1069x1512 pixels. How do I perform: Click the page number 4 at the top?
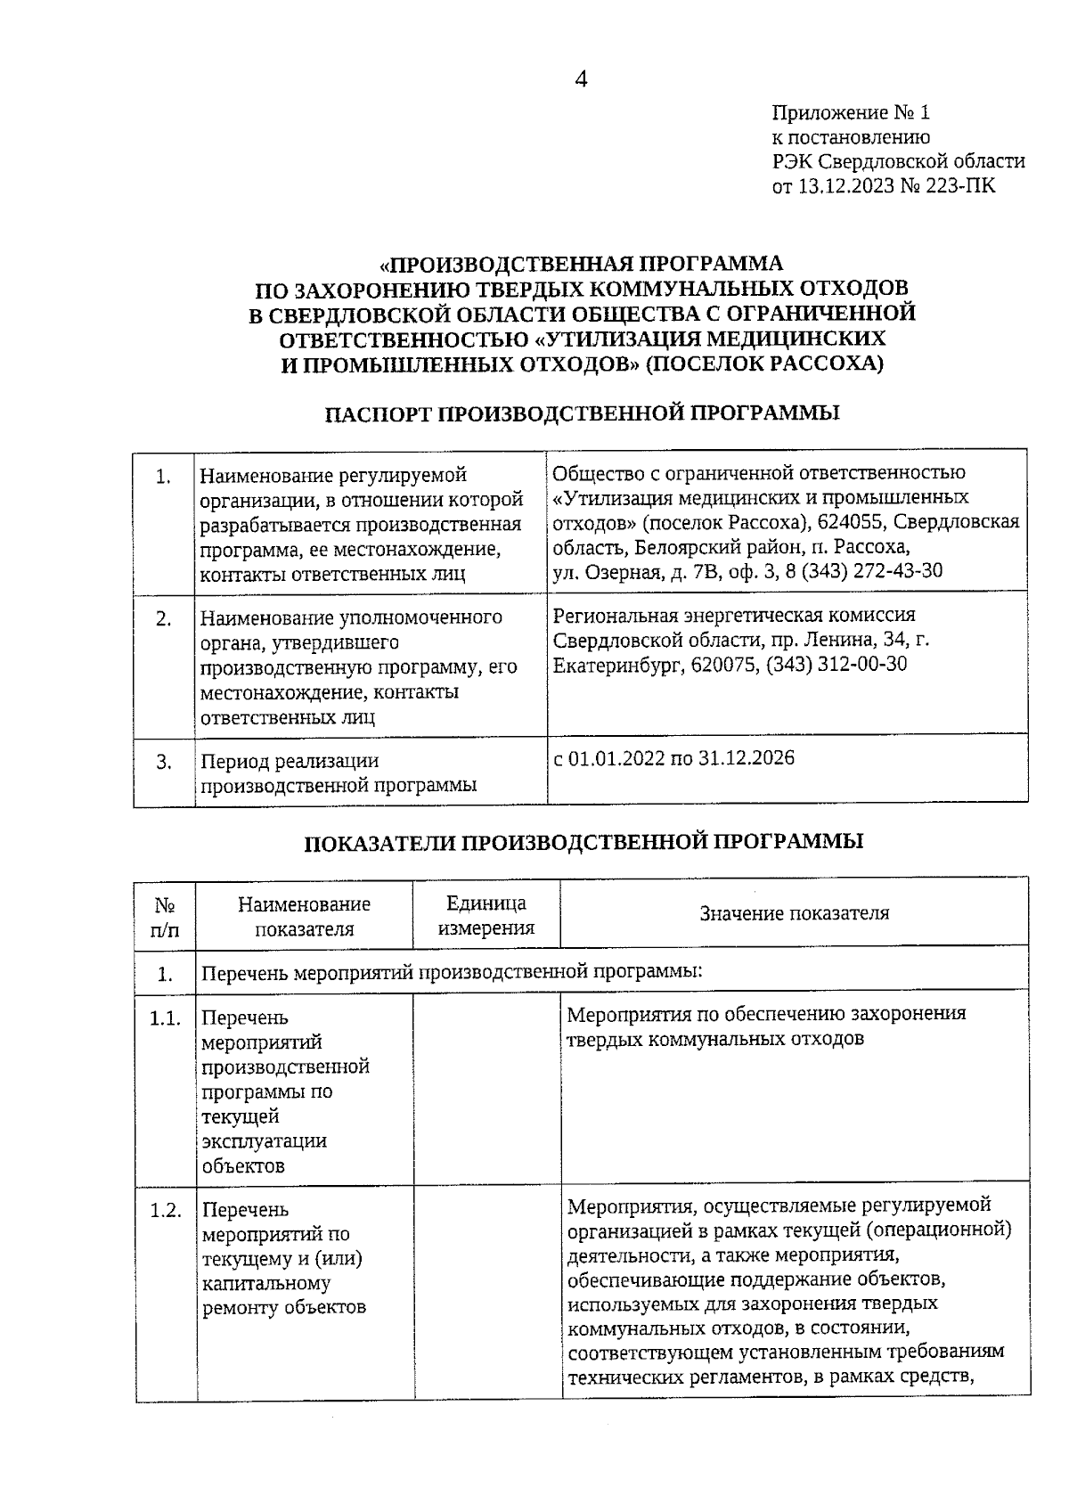[581, 79]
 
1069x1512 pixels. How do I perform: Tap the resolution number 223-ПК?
[964, 186]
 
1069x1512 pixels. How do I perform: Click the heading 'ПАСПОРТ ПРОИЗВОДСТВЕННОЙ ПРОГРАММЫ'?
[582, 413]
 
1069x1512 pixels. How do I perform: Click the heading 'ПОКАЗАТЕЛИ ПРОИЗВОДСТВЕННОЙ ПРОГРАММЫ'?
[583, 841]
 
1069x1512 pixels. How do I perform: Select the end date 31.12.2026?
[747, 758]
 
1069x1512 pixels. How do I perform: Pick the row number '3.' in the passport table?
[164, 762]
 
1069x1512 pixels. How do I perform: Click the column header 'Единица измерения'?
[486, 915]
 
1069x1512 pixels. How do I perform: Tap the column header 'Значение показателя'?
[794, 913]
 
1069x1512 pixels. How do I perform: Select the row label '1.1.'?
[165, 1018]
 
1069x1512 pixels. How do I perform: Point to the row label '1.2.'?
[165, 1210]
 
